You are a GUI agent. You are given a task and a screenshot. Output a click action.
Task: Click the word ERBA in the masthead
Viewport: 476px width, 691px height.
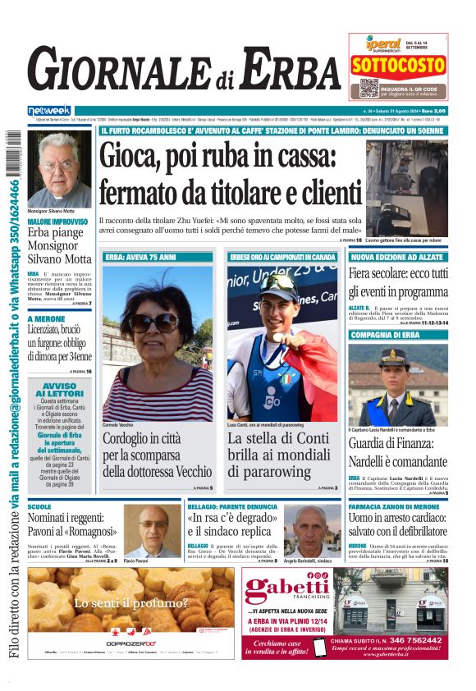coord(283,70)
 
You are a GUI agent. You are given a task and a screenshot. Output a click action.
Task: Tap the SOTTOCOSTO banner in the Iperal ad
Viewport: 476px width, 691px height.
coord(398,64)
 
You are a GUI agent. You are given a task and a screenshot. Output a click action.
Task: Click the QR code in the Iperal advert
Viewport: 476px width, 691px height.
coord(368,88)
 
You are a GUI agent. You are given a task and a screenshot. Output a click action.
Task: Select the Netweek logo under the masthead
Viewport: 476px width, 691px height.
coord(49,111)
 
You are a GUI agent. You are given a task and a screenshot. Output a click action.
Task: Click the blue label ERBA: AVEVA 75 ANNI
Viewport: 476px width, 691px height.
coord(140,257)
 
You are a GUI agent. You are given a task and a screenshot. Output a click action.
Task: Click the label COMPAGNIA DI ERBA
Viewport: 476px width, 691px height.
coord(385,335)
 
